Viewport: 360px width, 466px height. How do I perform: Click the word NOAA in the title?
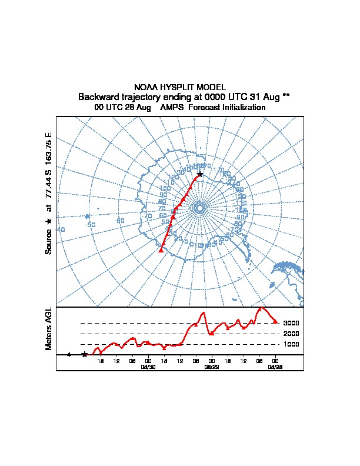145,87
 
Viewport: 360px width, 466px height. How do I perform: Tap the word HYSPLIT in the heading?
177,87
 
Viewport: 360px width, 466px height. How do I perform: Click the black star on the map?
200,174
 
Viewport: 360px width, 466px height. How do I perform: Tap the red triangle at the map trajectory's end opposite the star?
161,250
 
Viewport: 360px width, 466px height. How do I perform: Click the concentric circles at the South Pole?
199,208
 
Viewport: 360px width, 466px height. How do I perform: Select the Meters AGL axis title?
49,328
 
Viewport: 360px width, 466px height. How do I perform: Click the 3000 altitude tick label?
291,323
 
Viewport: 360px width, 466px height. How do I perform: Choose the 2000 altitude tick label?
291,334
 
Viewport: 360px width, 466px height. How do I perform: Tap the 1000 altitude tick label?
291,344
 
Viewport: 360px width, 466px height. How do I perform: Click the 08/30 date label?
148,367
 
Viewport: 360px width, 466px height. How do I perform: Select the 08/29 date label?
211,367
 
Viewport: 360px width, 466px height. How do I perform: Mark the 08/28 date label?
275,367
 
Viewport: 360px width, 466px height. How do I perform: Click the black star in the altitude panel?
85,354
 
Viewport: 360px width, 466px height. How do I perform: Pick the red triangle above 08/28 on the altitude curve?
275,321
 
